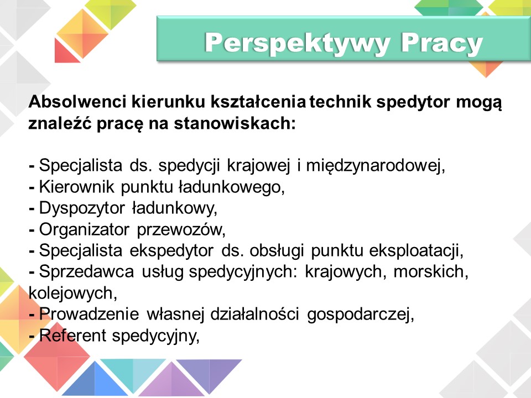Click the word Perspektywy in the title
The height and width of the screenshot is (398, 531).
[x=298, y=43]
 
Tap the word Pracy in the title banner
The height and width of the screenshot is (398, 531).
[x=441, y=43]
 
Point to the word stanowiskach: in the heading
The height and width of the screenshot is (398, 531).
[x=235, y=123]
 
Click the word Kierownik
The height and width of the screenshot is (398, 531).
[x=77, y=187]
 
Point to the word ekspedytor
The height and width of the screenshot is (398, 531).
[x=171, y=251]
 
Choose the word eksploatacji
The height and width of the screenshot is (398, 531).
[x=416, y=251]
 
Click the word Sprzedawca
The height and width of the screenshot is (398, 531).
[x=87, y=272]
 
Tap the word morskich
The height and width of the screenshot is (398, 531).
[x=431, y=272]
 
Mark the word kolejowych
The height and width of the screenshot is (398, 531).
[x=73, y=293]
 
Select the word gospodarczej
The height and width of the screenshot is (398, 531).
[x=360, y=315]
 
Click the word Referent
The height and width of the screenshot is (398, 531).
[x=73, y=336]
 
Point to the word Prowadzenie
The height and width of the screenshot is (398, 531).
[x=89, y=315]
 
